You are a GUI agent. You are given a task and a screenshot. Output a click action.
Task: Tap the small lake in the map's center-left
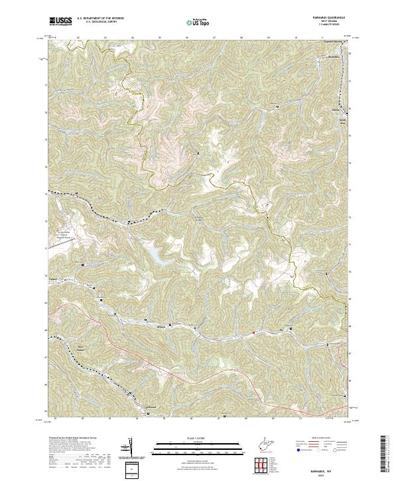tap(153, 253)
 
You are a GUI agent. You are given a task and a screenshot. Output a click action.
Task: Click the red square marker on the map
tap(253, 332)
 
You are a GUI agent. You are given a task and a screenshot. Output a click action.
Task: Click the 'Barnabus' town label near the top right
tap(334, 56)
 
